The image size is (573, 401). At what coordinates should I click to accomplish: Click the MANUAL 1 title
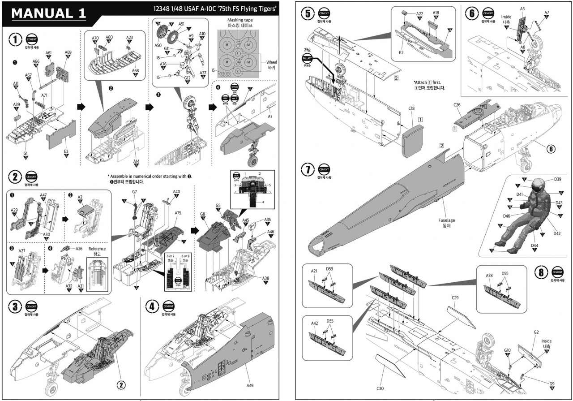coord(48,13)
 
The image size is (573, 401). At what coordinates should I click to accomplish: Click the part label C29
coord(455,298)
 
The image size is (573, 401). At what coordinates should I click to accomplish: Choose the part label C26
coord(457,105)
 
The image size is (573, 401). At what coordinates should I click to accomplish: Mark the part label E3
coord(66,151)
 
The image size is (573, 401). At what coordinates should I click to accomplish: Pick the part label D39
coord(557,179)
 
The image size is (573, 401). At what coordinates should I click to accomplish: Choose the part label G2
coord(536,332)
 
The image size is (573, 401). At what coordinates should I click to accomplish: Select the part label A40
coord(176,191)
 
